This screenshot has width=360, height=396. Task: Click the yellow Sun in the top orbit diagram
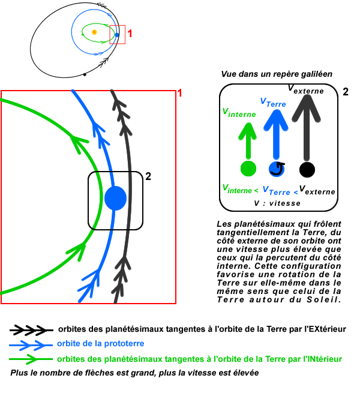(94, 31)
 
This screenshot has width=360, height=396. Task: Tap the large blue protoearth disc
(115, 198)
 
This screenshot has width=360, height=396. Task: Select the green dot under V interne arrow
(247, 169)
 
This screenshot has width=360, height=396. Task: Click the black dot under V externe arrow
(307, 169)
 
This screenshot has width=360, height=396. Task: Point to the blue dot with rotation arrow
(277, 169)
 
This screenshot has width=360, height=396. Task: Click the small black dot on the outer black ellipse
(85, 74)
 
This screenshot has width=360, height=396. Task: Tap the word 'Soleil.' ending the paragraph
(326, 298)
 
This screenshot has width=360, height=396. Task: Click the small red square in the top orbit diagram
(118, 34)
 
